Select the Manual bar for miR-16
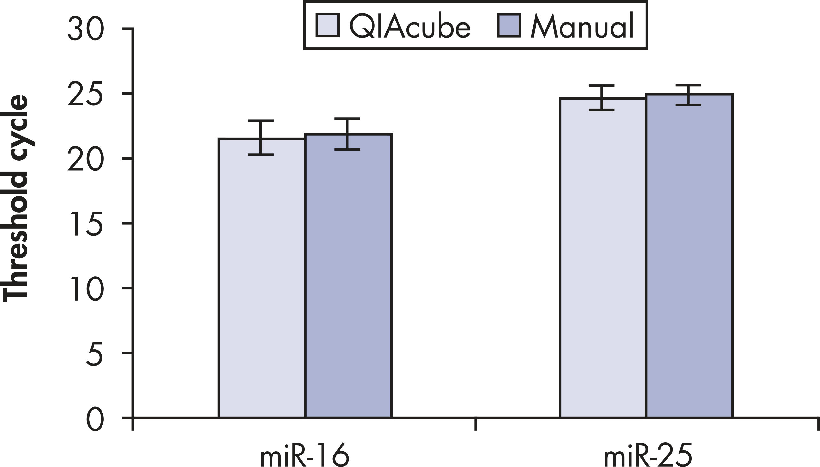(348, 276)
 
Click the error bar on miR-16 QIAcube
(261, 138)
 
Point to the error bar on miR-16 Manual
(347, 134)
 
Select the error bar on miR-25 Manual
(688, 95)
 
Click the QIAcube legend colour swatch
(327, 25)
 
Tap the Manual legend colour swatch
(509, 25)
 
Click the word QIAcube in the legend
(409, 26)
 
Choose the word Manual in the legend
(582, 26)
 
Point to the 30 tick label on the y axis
(86, 30)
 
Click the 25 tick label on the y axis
(85, 94)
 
